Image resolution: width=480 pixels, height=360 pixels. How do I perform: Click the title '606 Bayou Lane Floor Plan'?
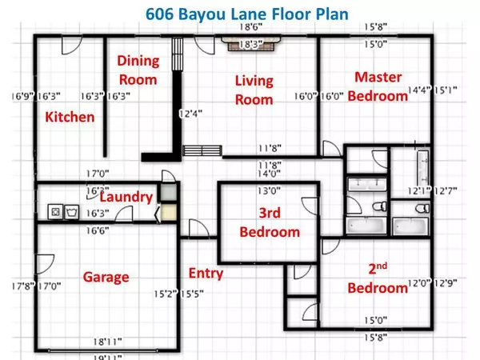point(239,14)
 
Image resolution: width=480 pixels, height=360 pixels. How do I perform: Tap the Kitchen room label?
point(70,118)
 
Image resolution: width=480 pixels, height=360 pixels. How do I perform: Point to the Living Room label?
point(254,90)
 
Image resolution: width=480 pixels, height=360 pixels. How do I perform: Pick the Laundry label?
point(126,197)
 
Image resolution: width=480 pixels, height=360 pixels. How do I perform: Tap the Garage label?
point(106,277)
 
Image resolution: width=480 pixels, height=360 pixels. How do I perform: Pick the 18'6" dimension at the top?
point(256,28)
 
